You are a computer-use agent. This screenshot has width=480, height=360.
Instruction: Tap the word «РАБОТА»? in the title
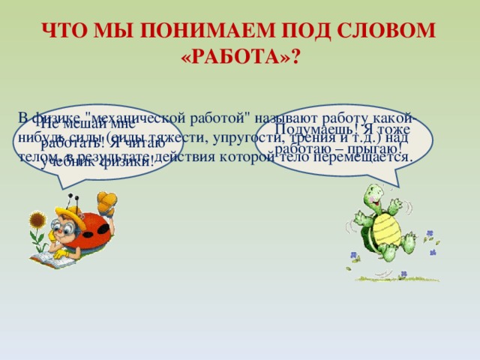pyautogui.click(x=239, y=59)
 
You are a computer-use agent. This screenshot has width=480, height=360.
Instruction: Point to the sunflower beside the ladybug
pyautogui.click(x=36, y=221)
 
